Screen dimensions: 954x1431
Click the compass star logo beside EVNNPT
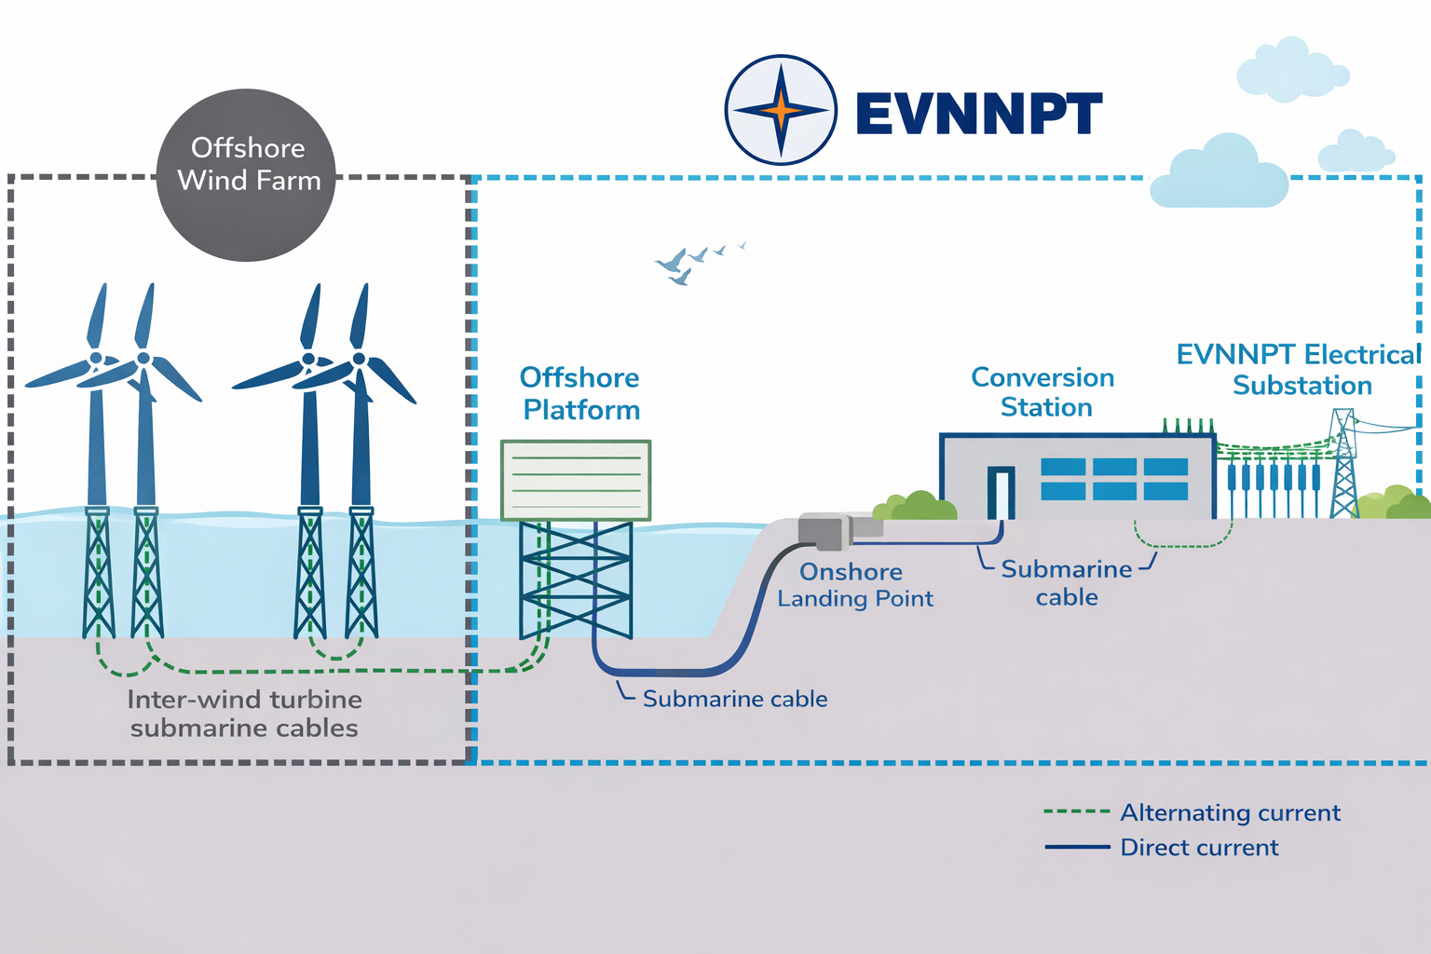(781, 110)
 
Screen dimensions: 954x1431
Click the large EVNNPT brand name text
(978, 115)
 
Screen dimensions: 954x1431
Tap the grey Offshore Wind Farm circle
(247, 175)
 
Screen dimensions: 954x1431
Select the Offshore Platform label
(580, 393)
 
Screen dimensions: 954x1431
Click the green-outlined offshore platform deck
(576, 480)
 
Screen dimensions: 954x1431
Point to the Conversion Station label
(1043, 392)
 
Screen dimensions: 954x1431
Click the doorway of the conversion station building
(1002, 492)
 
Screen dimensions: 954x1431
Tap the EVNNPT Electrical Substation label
(1300, 370)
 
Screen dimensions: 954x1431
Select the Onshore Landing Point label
(854, 585)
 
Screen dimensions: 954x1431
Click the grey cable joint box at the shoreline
(822, 531)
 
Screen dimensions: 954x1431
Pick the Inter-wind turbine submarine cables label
(244, 714)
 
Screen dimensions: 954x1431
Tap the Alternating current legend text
(1230, 812)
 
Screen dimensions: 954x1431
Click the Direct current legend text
(1199, 848)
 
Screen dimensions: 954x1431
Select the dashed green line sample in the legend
(1077, 811)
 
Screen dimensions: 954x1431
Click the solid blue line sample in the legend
(1077, 847)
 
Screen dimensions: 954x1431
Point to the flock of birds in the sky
(694, 261)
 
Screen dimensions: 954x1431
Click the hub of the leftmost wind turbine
(95, 358)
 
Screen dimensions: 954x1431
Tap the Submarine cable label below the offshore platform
(734, 699)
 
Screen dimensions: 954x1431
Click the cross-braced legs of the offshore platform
(576, 578)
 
